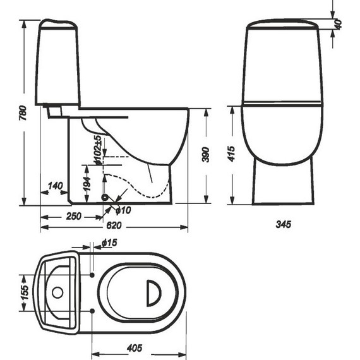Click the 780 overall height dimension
point(23,113)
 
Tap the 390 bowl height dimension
point(206,155)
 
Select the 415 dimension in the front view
point(232,153)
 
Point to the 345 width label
point(284,224)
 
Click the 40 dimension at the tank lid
point(338,25)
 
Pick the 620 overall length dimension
point(114,225)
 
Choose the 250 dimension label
point(74,216)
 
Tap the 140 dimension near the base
point(55,186)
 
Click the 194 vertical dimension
point(87,184)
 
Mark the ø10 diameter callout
point(123,210)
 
